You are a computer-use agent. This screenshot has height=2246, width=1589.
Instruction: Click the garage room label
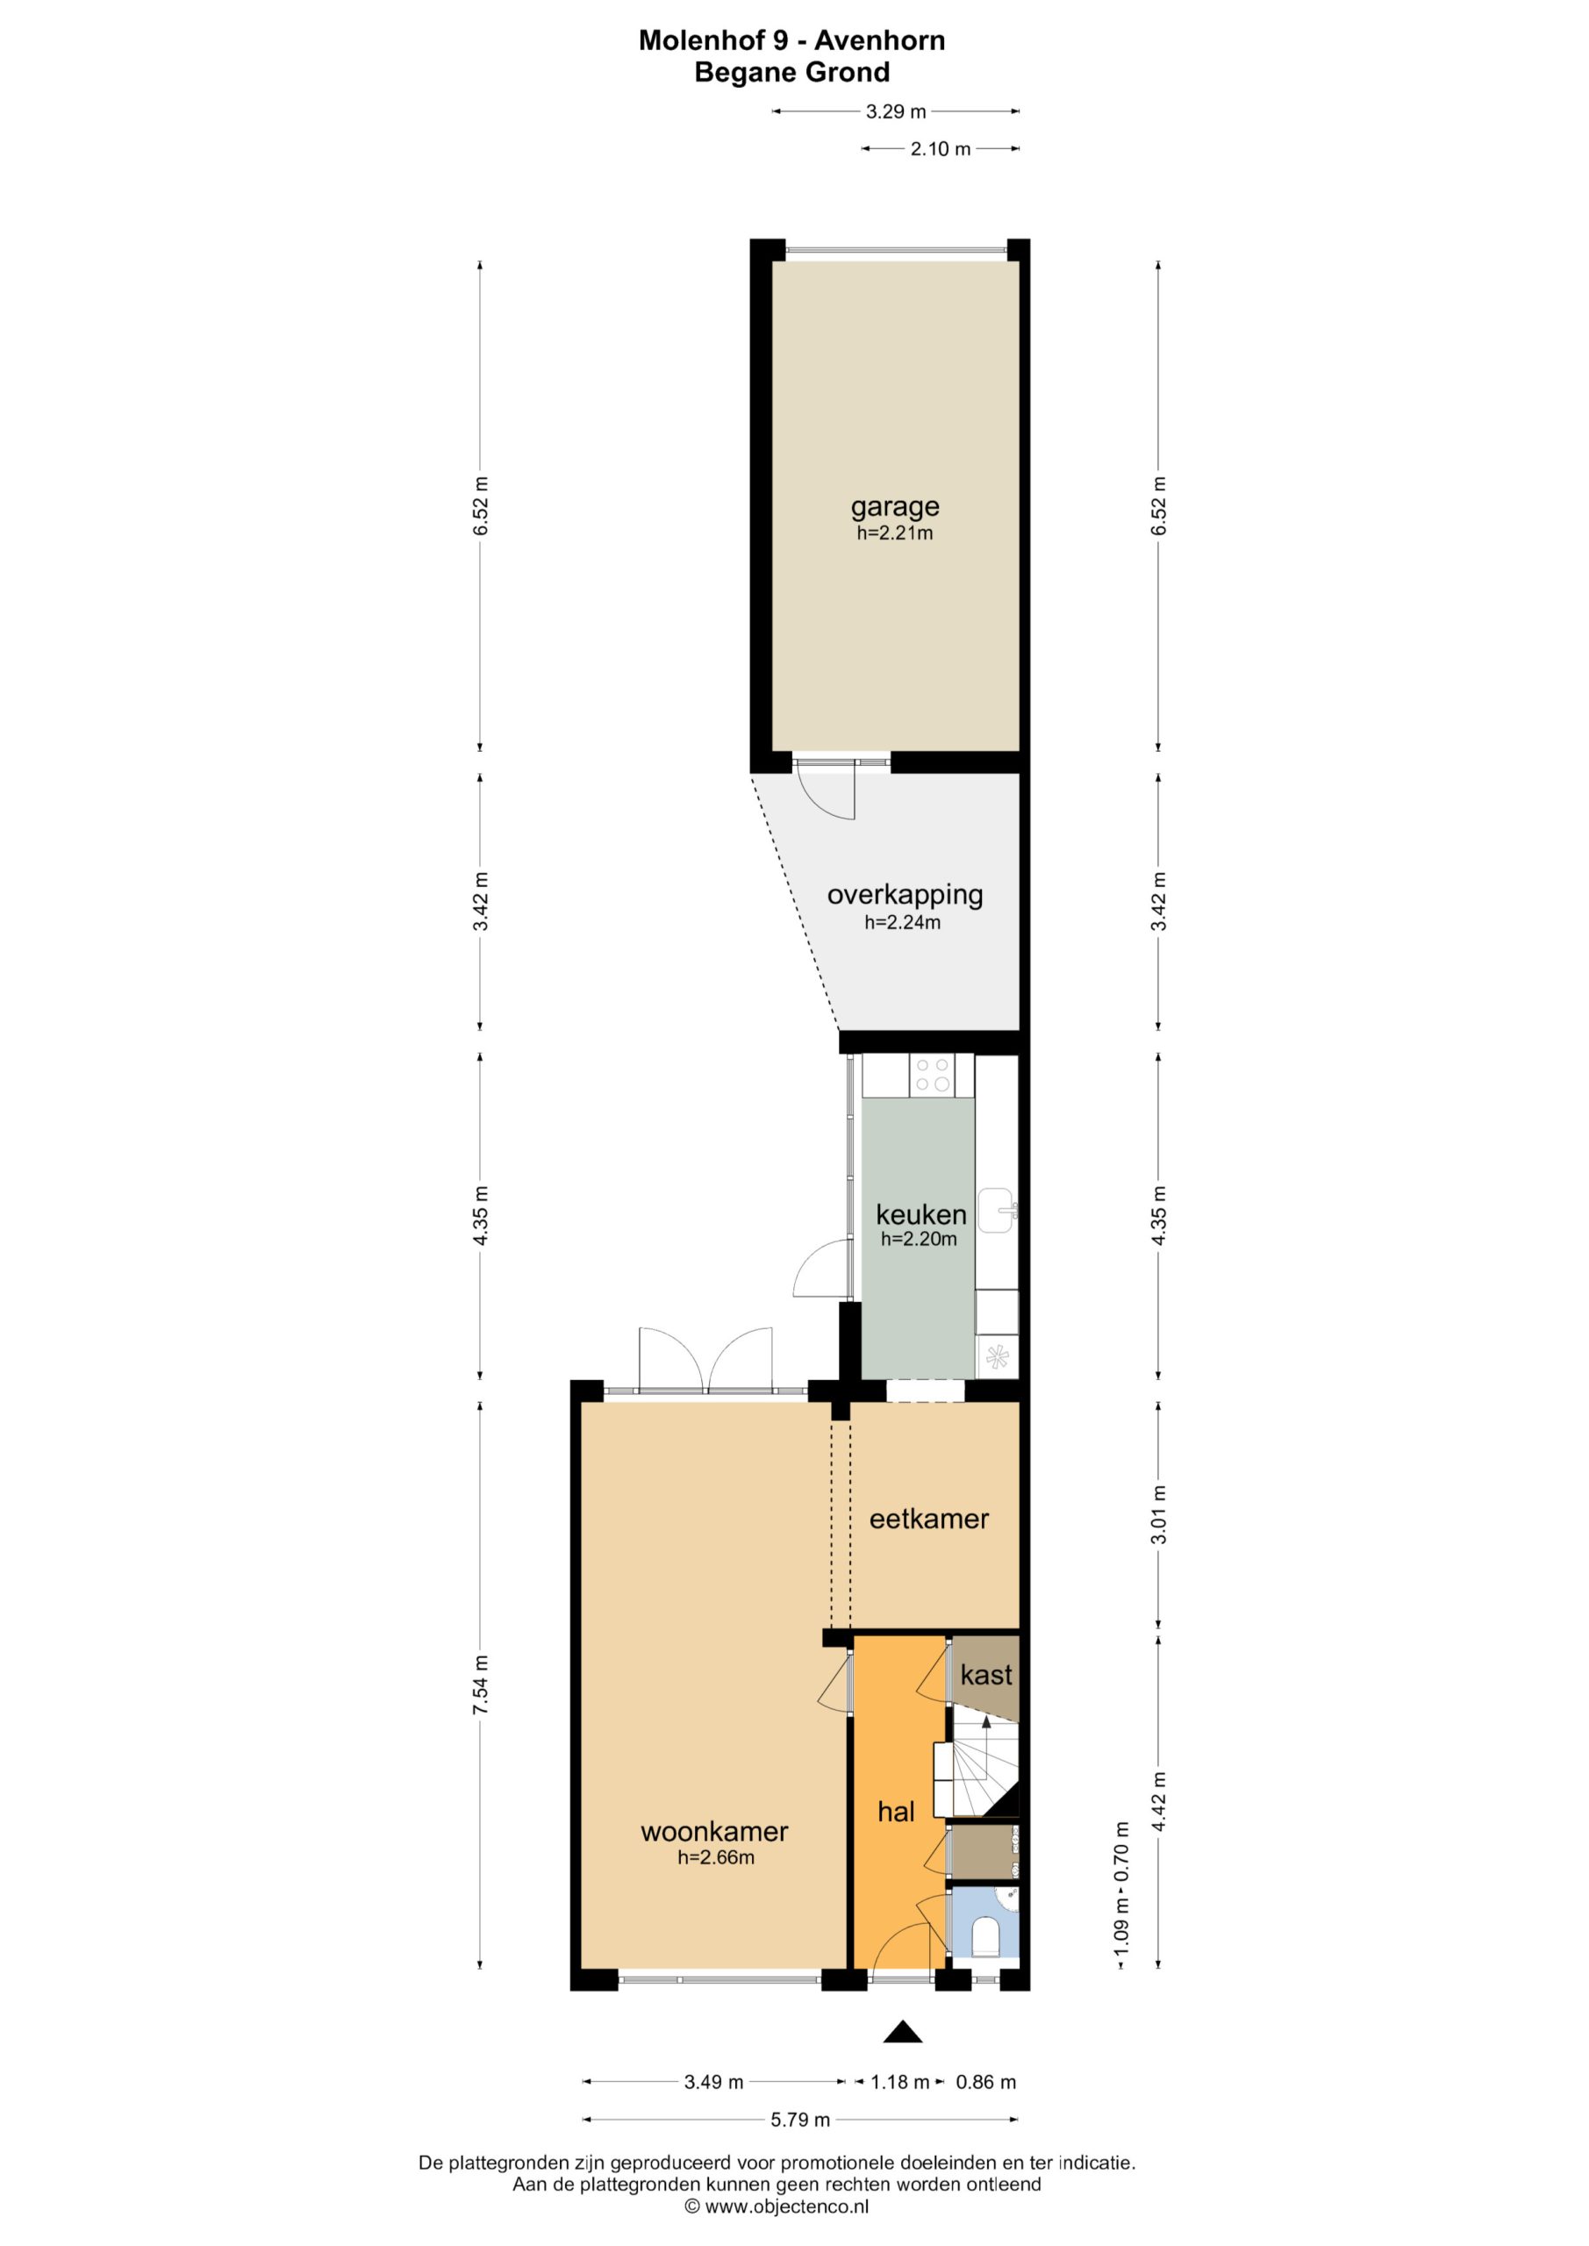click(x=894, y=508)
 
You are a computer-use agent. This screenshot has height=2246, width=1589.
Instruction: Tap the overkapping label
click(x=905, y=895)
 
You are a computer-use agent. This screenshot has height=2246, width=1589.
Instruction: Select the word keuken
click(x=920, y=1214)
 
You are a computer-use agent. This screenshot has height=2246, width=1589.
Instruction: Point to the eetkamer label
click(x=928, y=1518)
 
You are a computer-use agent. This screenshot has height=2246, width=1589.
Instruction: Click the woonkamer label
click(x=714, y=1831)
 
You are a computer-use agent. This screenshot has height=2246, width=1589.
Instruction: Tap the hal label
click(x=895, y=1812)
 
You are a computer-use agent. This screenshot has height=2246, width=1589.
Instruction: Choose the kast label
click(x=985, y=1675)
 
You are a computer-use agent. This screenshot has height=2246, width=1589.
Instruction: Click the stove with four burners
click(x=933, y=1074)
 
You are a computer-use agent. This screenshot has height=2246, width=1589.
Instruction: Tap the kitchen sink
click(x=997, y=1210)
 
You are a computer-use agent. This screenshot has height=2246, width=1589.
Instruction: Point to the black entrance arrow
click(x=903, y=2032)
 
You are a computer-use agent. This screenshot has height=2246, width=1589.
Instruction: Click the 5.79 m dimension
click(x=799, y=2120)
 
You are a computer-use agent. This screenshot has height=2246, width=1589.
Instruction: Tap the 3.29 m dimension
click(x=895, y=111)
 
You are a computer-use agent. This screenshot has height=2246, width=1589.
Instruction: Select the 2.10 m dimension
click(x=941, y=148)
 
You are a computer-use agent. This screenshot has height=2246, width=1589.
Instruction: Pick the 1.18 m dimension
click(x=899, y=2083)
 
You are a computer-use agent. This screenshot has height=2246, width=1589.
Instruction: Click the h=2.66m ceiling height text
click(x=716, y=1857)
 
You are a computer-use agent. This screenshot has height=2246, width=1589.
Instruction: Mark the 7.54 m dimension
click(x=479, y=1685)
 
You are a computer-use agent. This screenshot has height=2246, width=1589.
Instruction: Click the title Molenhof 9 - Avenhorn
click(x=791, y=40)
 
